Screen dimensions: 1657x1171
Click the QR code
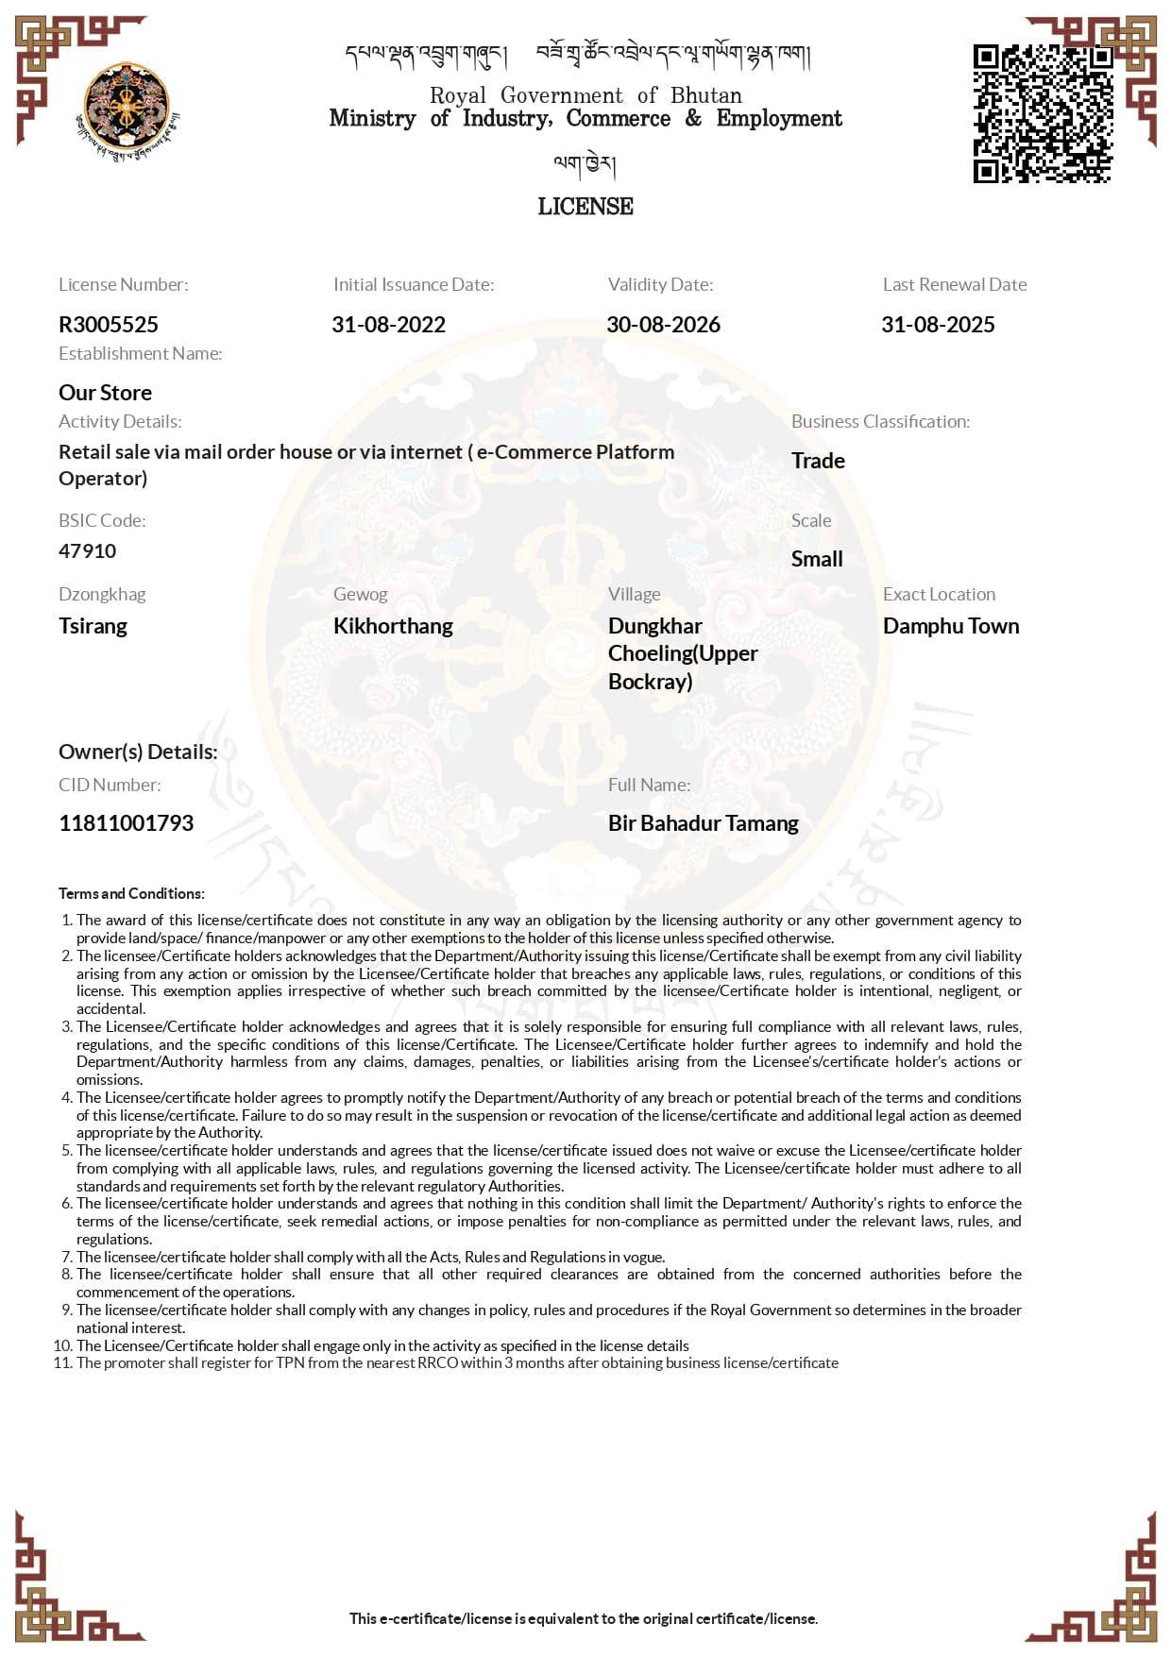[1043, 113]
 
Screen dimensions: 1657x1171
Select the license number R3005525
[109, 325]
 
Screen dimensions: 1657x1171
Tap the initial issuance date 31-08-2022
[388, 325]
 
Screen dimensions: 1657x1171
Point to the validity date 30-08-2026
[663, 325]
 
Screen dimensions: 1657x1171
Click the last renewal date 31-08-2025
[938, 325]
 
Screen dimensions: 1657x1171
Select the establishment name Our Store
[105, 393]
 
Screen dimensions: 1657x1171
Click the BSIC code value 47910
[88, 551]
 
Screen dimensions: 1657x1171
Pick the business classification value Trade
[818, 461]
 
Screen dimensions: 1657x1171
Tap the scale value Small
[817, 559]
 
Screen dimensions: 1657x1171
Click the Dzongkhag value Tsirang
[93, 626]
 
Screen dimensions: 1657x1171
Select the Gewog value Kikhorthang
[393, 626]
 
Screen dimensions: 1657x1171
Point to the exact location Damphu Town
[951, 626]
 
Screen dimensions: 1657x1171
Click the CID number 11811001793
[126, 823]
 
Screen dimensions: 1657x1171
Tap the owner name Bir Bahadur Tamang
[703, 823]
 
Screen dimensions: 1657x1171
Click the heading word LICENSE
[585, 207]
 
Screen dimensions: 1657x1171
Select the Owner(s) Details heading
[138, 752]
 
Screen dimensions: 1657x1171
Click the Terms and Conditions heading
[131, 893]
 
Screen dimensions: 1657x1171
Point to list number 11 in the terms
[62, 1362]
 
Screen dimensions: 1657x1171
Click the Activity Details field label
[120, 422]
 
